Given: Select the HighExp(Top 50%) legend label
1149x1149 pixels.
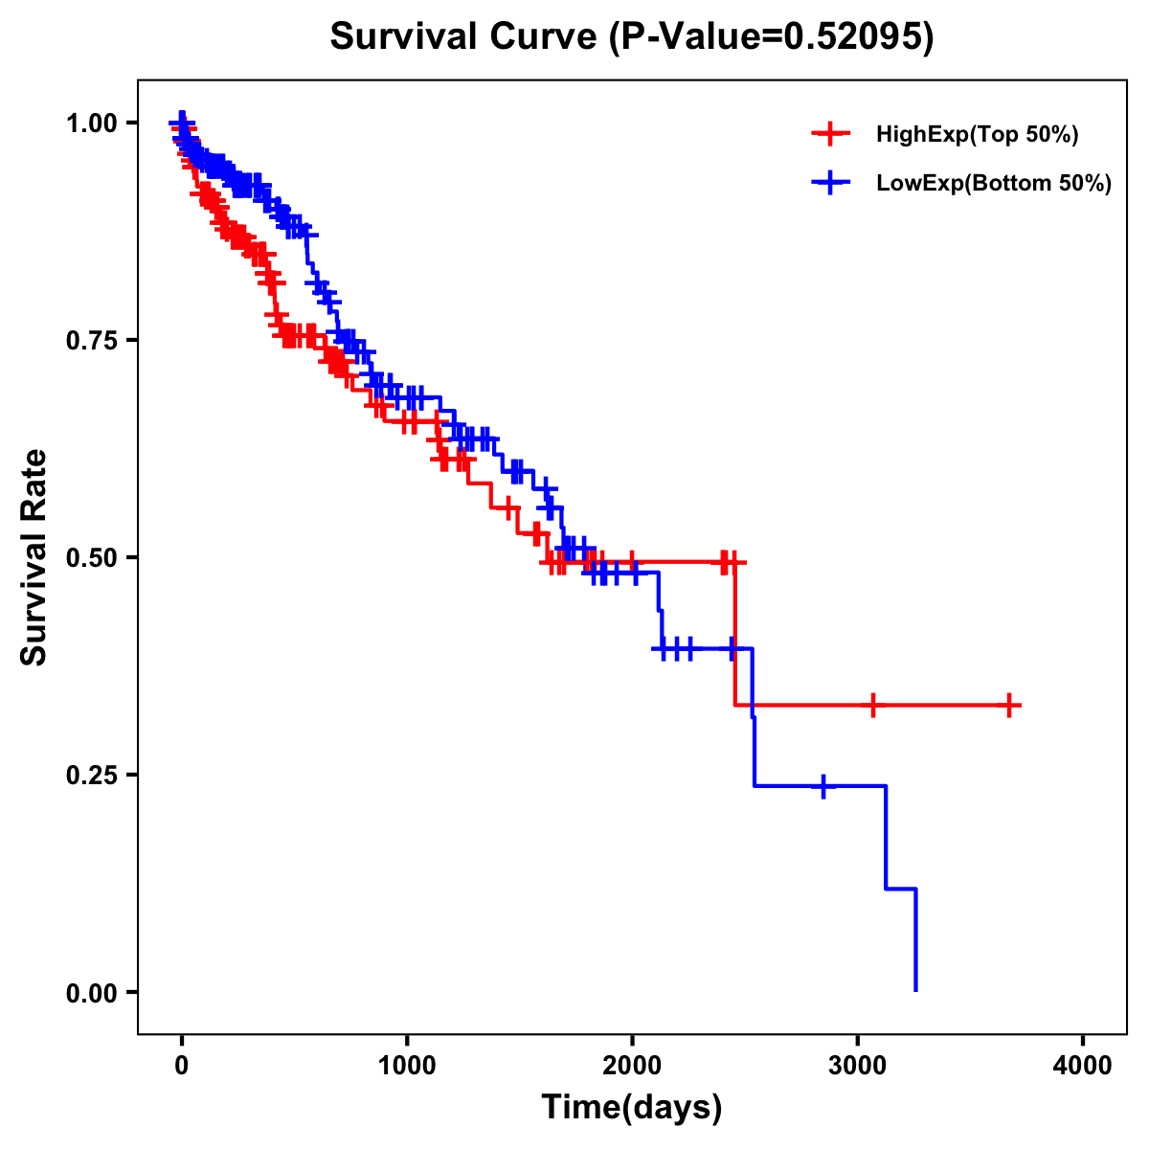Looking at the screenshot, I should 977,135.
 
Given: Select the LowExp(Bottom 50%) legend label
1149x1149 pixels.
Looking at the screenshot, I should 994,184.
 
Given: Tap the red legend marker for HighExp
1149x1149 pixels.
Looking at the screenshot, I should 830,135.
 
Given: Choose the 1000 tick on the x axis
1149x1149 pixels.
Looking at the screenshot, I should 407,1065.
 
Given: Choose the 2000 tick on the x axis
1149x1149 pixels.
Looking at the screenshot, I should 632,1065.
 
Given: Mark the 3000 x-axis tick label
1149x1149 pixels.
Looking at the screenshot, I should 858,1065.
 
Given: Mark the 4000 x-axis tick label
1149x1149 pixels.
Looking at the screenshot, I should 1083,1065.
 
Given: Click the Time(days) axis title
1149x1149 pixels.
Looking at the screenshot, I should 632,1108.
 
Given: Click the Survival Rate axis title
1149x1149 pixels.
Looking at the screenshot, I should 34,556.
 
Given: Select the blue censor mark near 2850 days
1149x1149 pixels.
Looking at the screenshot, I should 822,786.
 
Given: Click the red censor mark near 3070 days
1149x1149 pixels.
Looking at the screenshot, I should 872,706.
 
